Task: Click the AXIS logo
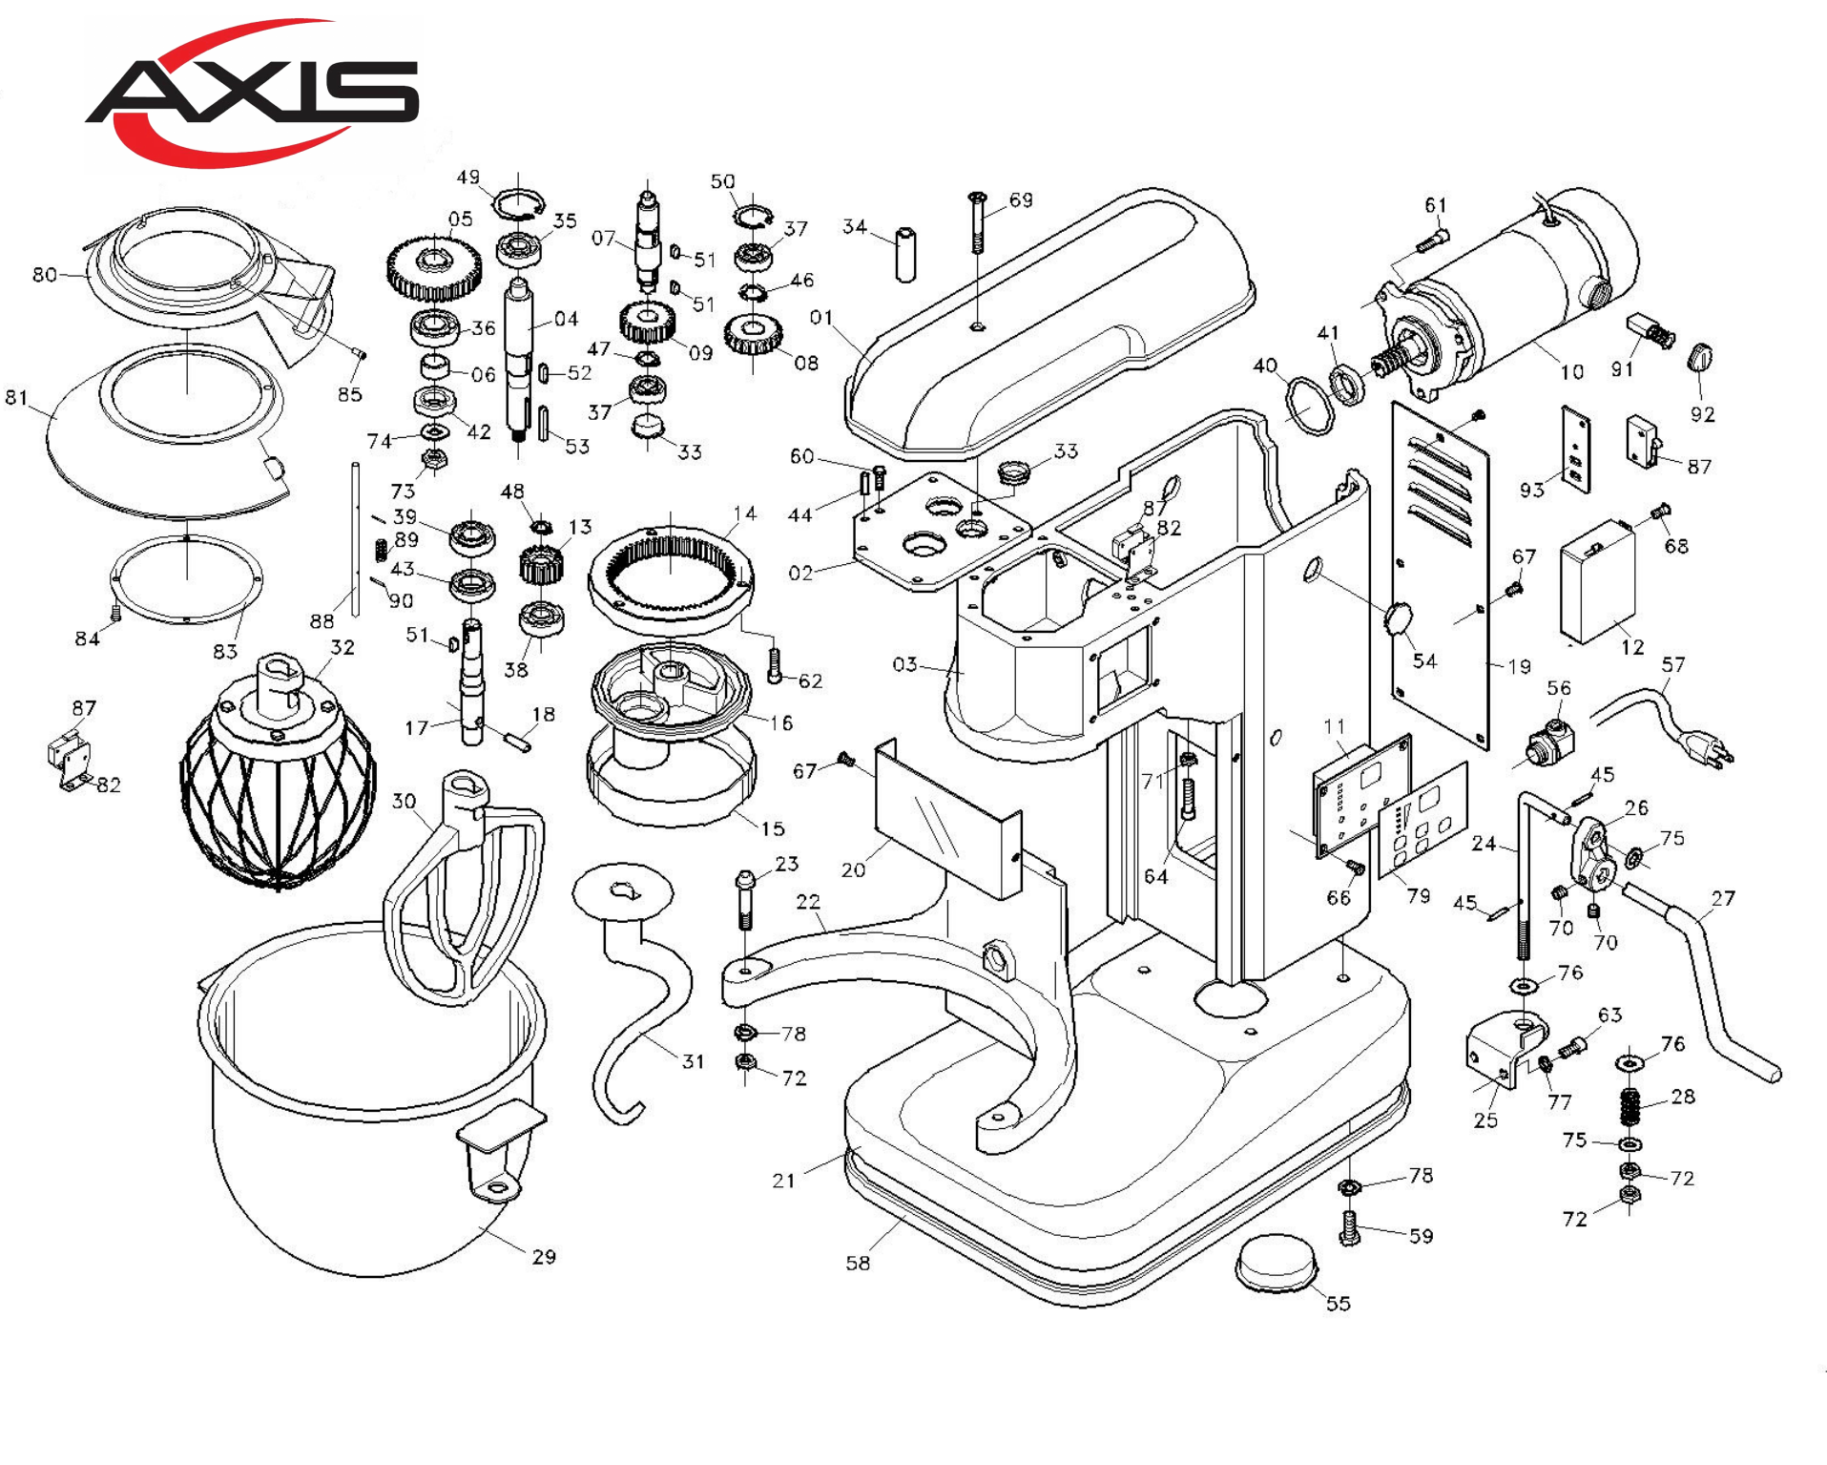[253, 93]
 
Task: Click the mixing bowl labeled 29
[372, 1098]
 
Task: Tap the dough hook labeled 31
[630, 993]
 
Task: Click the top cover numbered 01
[1049, 320]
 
